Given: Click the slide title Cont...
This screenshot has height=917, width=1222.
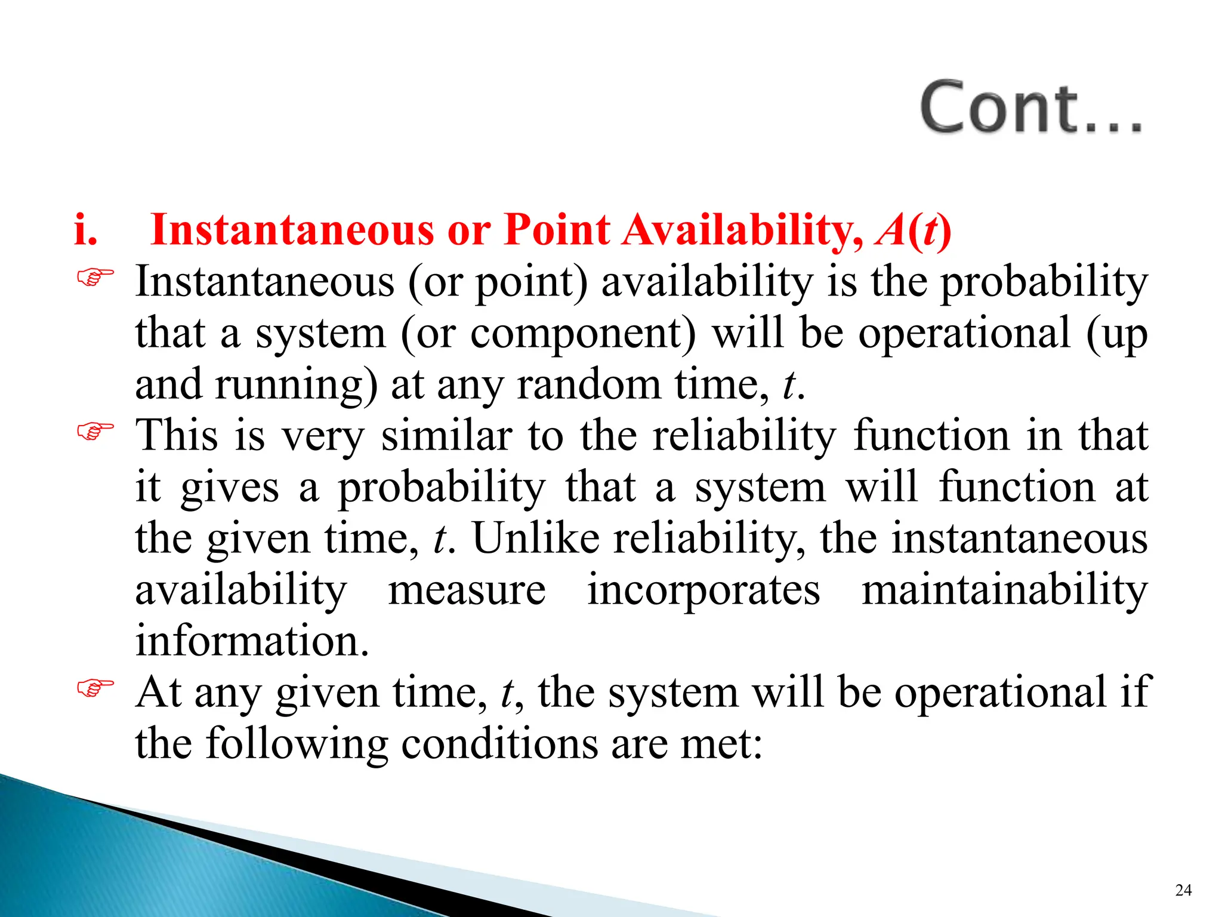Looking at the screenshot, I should coord(1030,108).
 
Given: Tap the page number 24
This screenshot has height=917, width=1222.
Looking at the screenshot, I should coord(1183,890).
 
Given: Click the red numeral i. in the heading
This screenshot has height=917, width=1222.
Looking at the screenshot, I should coord(85,230).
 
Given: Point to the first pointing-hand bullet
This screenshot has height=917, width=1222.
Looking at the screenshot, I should coord(95,278).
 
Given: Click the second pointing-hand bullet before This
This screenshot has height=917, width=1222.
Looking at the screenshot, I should coord(95,431).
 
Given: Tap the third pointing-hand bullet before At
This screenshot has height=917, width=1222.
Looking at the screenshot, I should coord(95,688).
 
